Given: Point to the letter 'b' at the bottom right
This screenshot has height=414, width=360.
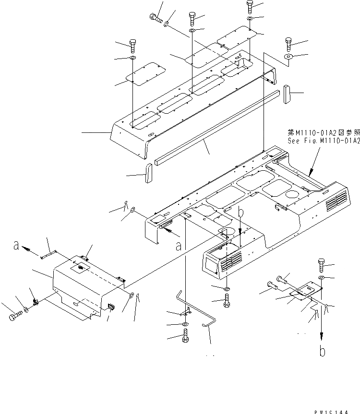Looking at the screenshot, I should [322, 352].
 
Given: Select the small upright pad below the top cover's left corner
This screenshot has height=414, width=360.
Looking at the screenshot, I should [148, 173].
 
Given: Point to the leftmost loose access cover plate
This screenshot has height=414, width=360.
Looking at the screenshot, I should [146, 73].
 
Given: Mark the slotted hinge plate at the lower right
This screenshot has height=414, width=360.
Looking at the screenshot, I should [303, 292].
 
